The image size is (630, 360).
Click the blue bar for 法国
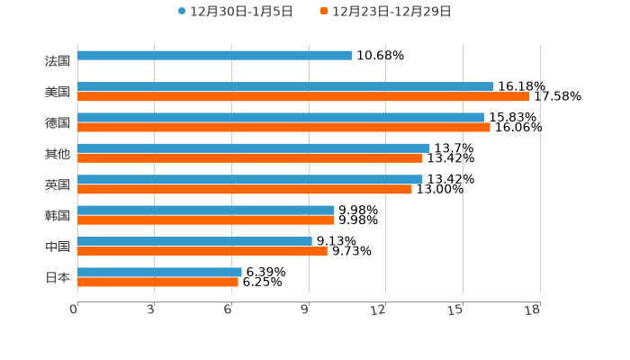(x=214, y=56)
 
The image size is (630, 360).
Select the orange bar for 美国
(x=303, y=96)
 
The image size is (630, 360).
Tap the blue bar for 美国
(x=285, y=86)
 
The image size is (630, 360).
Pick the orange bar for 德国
(x=283, y=127)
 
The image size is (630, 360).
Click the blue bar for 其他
(x=253, y=148)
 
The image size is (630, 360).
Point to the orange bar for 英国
(x=244, y=189)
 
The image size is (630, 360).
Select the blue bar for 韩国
(x=205, y=211)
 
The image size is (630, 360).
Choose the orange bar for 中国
(x=202, y=251)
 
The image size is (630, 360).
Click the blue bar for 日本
(x=159, y=272)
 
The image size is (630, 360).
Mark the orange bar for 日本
(x=157, y=282)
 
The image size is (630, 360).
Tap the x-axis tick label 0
(x=74, y=310)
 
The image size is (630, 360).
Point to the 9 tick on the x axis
(x=306, y=310)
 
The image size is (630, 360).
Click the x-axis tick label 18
(x=533, y=310)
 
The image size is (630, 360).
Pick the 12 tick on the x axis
(x=379, y=310)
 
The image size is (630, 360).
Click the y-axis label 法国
(x=58, y=61)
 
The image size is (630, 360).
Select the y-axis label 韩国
(x=58, y=216)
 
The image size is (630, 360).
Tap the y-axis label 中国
(x=58, y=247)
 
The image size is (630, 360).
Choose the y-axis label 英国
(x=58, y=184)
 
